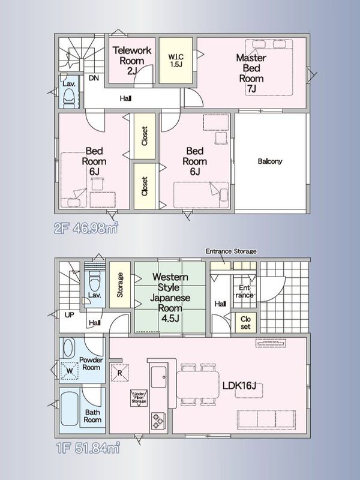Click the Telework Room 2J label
132,61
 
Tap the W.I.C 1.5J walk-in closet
176,61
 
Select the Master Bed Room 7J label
251,73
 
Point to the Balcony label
269,161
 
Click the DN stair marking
94,78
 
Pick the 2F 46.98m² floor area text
86,228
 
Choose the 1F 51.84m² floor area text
88,448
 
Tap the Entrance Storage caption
231,251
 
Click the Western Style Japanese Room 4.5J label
170,297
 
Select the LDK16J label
239,386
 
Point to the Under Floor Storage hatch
139,398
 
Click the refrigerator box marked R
119,373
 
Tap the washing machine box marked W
70,371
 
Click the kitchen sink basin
158,377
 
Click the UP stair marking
69,314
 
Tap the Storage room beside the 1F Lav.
120,285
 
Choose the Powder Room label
91,364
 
